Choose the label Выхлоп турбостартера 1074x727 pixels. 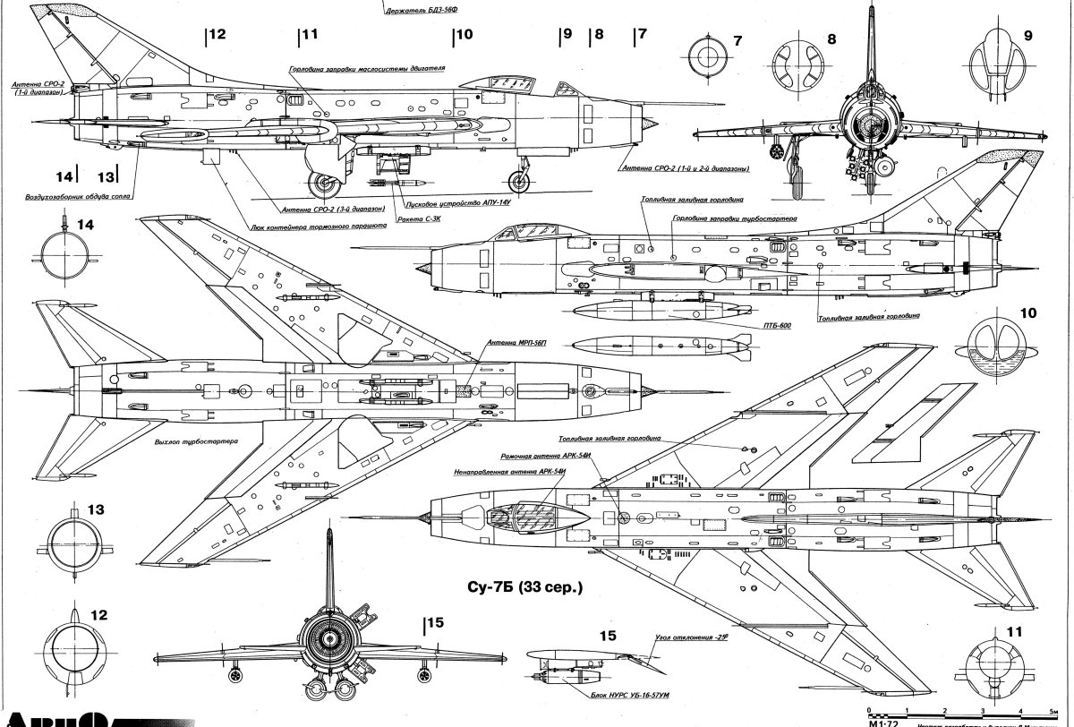[x=190, y=442]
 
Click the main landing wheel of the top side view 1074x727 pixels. [x=323, y=185]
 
